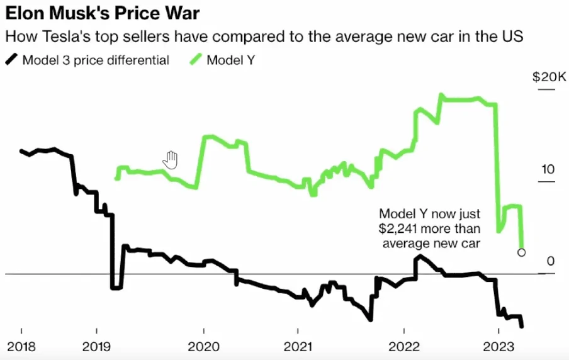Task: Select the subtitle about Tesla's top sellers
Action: click(x=264, y=37)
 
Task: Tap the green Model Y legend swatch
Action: click(x=195, y=60)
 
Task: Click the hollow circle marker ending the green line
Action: click(x=521, y=252)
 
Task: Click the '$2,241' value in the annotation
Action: click(x=399, y=228)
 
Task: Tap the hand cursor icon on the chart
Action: click(x=171, y=160)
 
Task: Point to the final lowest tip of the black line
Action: click(x=522, y=326)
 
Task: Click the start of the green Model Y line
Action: click(x=116, y=179)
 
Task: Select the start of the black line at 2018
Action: click(x=21, y=151)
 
